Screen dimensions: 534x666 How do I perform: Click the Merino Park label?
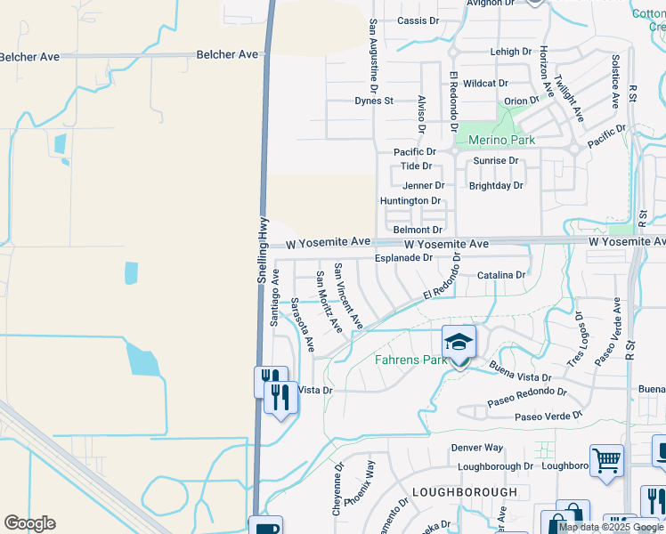tap(495, 140)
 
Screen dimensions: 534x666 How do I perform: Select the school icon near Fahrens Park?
tap(459, 342)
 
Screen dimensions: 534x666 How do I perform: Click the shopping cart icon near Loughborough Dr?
tap(606, 461)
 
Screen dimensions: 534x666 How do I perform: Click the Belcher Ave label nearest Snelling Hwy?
tap(227, 54)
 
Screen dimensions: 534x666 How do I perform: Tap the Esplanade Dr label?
tap(403, 258)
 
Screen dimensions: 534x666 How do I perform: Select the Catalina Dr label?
tap(501, 275)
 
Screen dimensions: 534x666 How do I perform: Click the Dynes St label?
tap(374, 101)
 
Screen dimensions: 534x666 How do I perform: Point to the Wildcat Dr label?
tap(485, 83)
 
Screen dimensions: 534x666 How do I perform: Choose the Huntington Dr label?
tap(410, 201)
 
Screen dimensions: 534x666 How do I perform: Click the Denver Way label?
tap(476, 448)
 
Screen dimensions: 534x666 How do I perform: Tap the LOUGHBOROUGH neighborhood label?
tap(464, 492)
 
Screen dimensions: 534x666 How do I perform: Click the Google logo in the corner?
tap(29, 523)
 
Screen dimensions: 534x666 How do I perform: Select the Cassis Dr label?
tap(418, 20)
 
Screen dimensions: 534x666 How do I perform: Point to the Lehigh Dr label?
tap(510, 53)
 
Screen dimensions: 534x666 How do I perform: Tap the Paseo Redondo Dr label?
tap(527, 397)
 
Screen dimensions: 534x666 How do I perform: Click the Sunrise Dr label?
tap(495, 161)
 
